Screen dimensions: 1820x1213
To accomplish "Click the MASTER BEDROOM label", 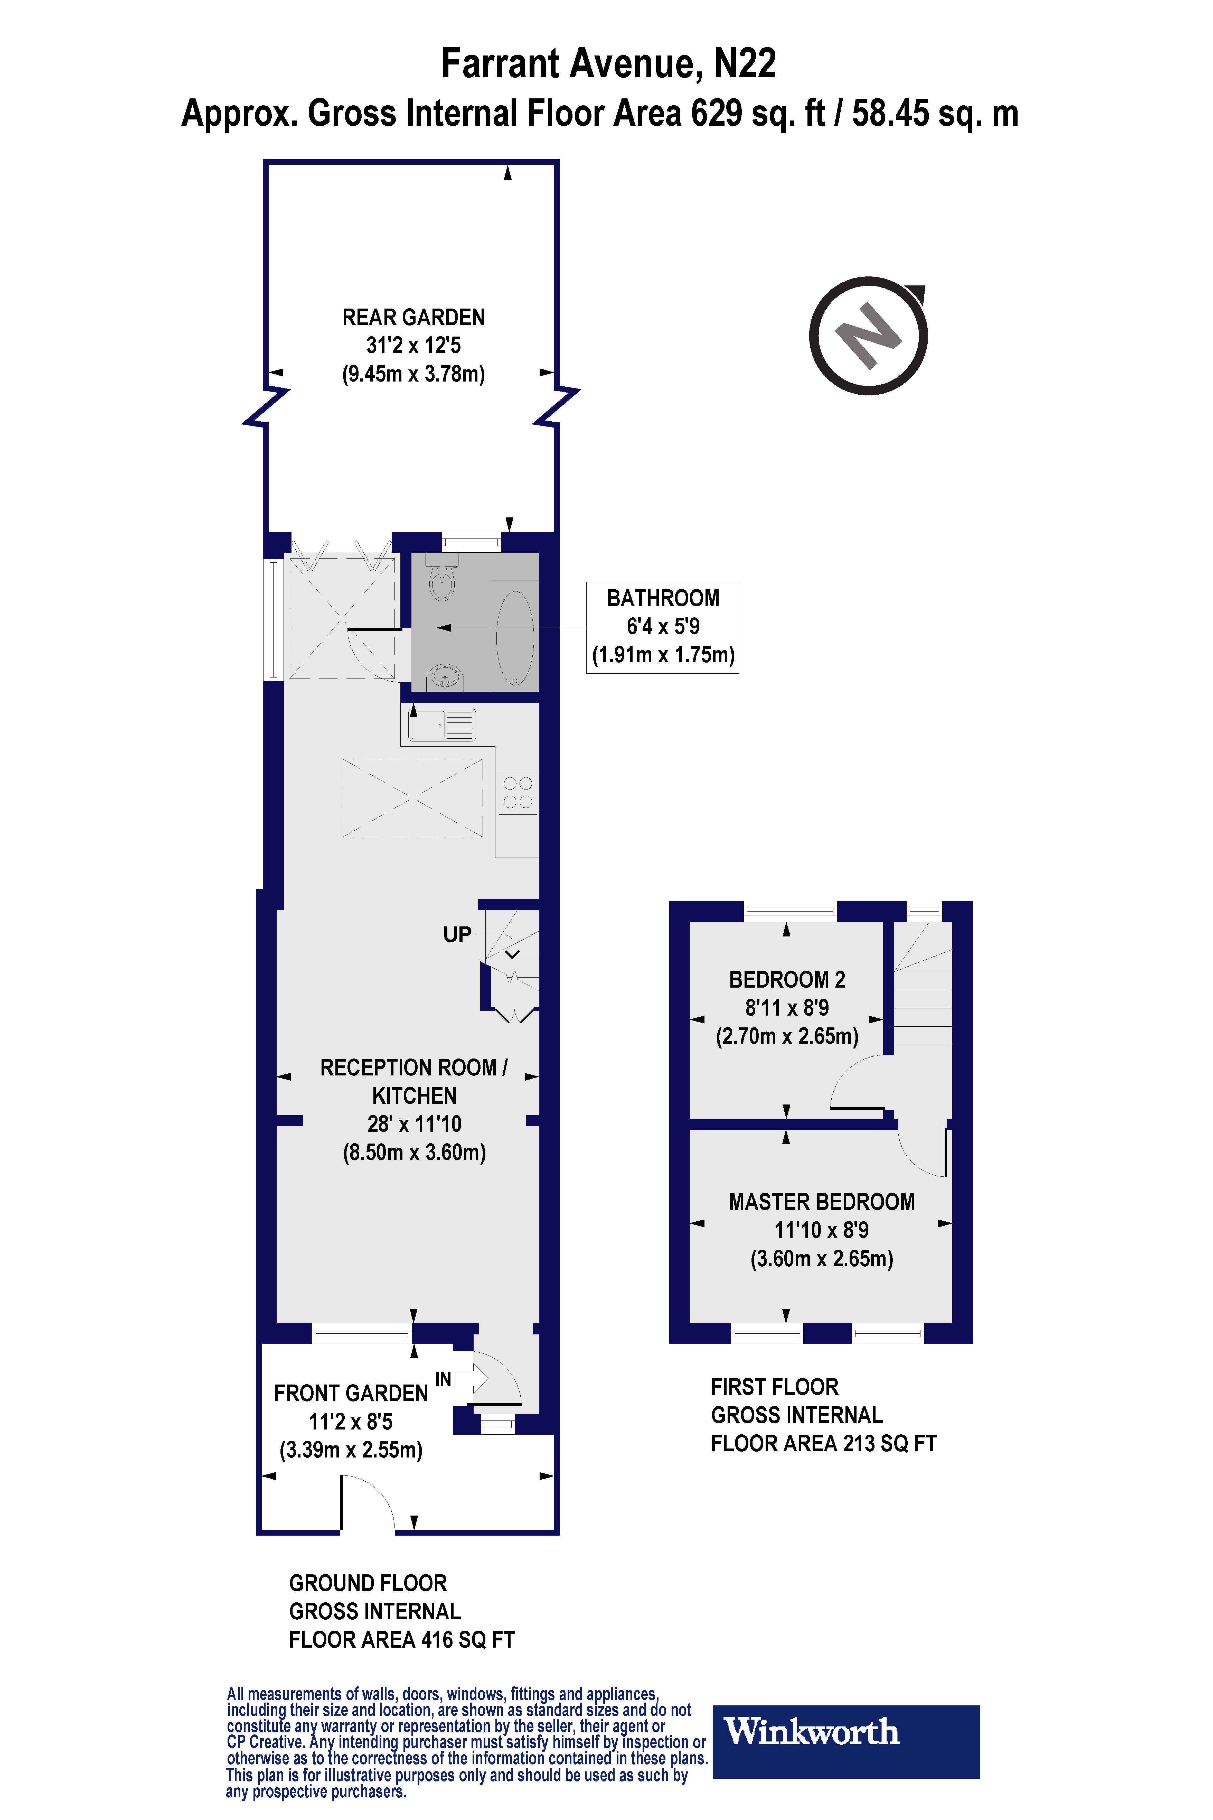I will (x=822, y=1202).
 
